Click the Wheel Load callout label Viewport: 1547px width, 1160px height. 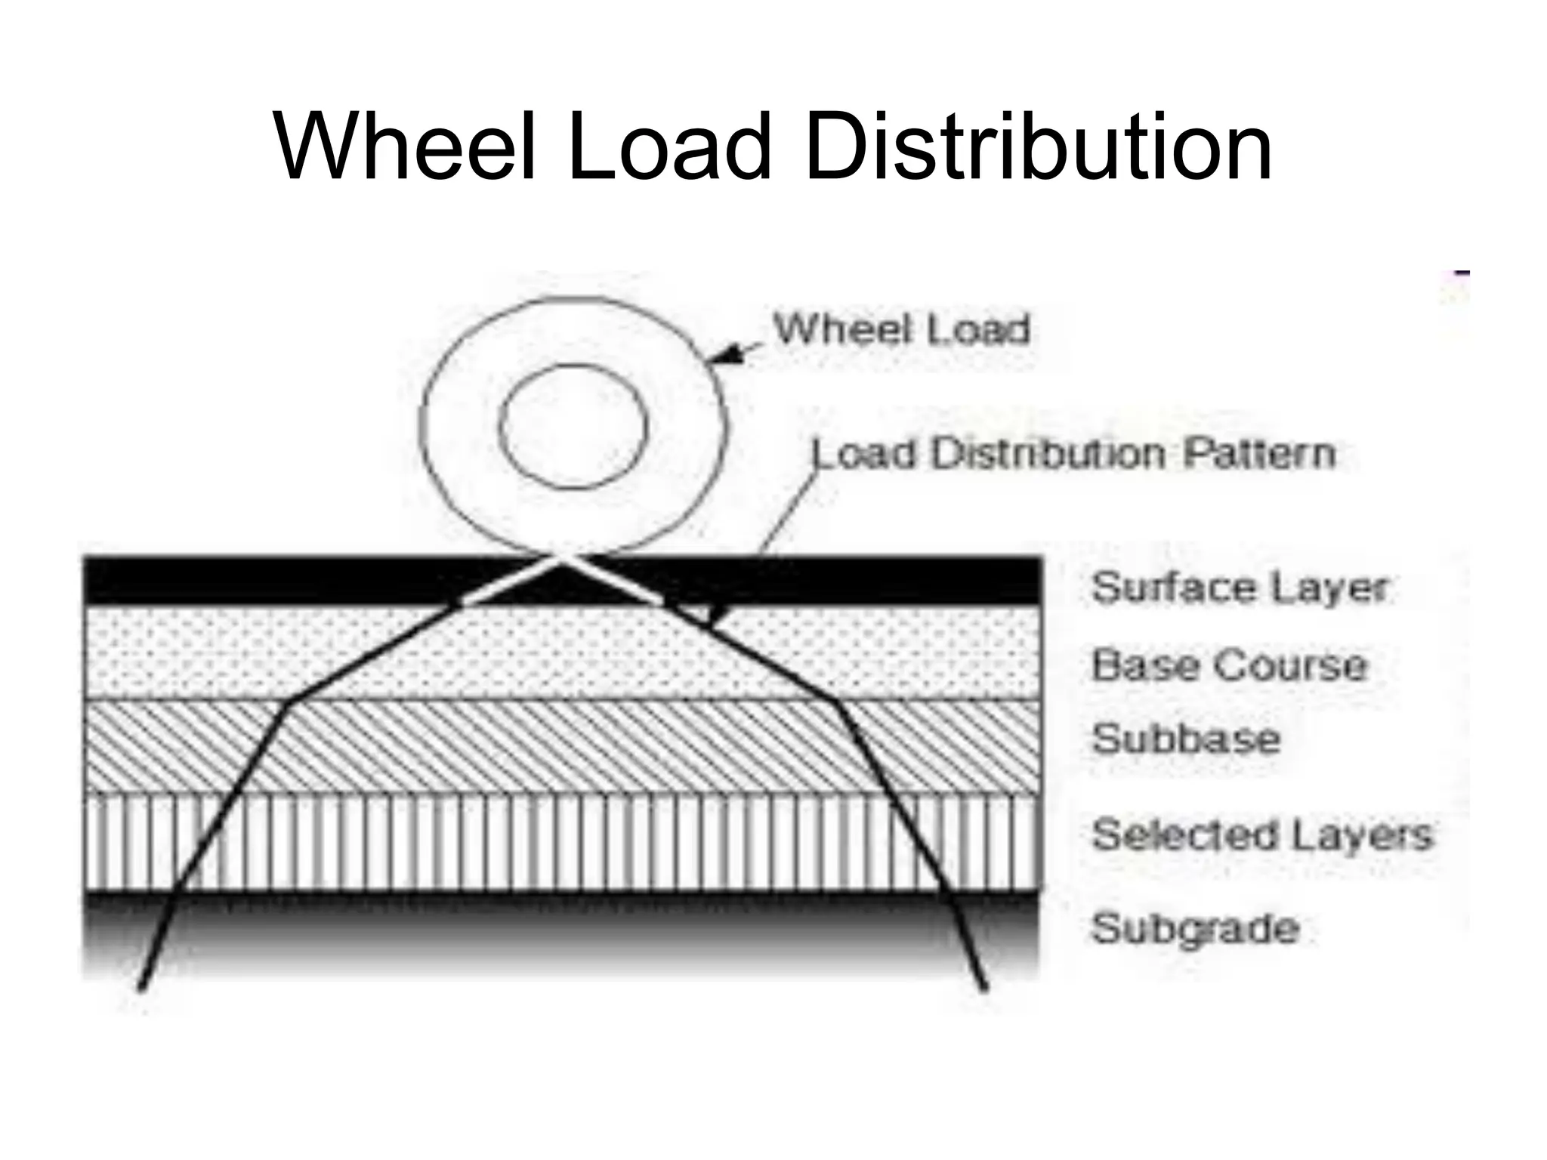(902, 330)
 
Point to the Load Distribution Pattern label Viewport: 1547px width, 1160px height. (1073, 454)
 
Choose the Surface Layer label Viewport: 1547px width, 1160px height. (1240, 588)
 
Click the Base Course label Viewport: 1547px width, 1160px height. (1229, 665)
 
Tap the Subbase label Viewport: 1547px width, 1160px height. (1186, 738)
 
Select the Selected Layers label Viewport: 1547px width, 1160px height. (1261, 835)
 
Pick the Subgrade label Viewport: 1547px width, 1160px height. (1195, 928)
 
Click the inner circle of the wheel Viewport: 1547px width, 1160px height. (573, 426)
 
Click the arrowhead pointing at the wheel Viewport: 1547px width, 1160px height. (727, 356)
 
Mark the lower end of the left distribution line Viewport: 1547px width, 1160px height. (141, 986)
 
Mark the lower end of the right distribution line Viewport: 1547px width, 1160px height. (983, 986)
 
